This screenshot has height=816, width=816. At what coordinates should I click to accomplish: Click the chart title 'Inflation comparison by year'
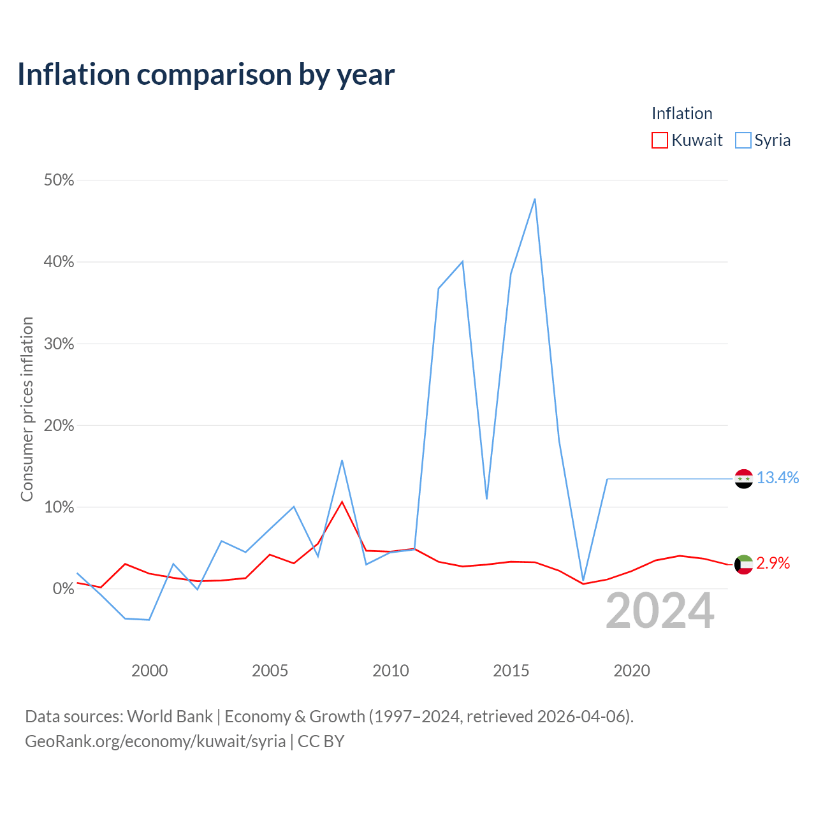click(x=206, y=75)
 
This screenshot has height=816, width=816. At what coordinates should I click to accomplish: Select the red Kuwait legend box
click(x=659, y=140)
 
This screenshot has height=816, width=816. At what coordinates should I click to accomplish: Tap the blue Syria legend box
click(x=743, y=140)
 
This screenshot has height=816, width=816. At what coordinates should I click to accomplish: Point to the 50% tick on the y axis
click(x=59, y=180)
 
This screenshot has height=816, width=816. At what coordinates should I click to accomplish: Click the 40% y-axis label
click(x=59, y=262)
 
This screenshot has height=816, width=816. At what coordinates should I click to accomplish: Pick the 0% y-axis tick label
click(x=64, y=588)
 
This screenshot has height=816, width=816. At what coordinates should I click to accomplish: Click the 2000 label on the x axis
click(x=149, y=671)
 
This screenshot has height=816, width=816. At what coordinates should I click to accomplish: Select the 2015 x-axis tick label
click(x=511, y=671)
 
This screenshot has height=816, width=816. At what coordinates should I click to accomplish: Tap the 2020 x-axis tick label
click(x=632, y=671)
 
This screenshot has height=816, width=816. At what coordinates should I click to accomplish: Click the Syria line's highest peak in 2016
click(x=535, y=199)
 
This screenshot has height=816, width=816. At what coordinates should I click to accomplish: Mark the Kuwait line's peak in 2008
click(x=342, y=502)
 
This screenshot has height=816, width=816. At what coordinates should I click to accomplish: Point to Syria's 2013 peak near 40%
click(x=463, y=261)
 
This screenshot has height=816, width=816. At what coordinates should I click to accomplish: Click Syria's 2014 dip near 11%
click(x=486, y=499)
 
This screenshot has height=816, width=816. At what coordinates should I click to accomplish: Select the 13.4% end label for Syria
click(x=778, y=477)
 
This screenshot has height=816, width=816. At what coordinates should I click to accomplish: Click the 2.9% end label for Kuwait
click(x=773, y=563)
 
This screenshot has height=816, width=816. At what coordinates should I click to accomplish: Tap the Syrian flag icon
click(x=743, y=479)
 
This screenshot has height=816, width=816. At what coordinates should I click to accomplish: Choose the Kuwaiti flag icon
click(x=743, y=564)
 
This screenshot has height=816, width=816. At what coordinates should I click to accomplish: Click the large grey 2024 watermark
click(x=660, y=611)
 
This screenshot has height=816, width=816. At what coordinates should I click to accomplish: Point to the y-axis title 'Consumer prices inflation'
click(x=27, y=409)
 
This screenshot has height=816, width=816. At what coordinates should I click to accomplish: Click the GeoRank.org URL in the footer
click(x=156, y=741)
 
